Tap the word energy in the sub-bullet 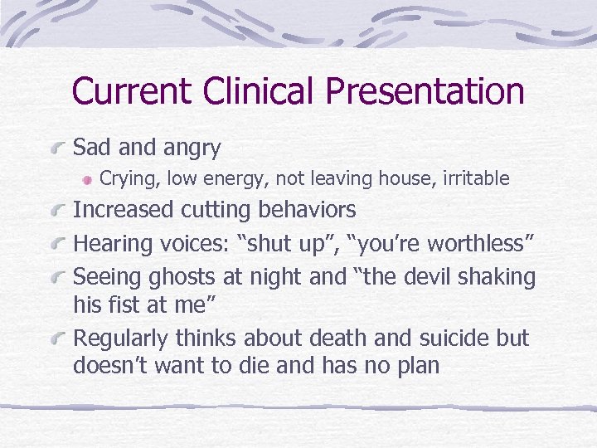click(236, 178)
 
